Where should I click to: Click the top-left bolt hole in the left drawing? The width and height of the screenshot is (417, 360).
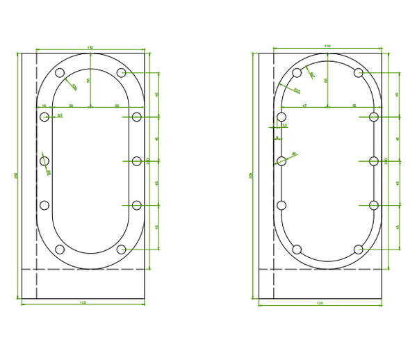point(60,73)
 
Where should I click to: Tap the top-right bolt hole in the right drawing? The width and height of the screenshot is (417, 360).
point(359,73)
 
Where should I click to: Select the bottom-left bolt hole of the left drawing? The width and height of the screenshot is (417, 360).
point(60,249)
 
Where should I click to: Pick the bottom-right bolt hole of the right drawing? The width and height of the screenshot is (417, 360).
point(359,249)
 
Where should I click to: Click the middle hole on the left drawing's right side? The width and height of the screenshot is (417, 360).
point(136,161)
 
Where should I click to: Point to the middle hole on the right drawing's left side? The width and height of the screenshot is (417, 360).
point(282,161)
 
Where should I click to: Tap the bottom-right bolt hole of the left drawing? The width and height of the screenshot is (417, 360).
point(122,249)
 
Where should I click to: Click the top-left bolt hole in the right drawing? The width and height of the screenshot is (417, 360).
point(297,73)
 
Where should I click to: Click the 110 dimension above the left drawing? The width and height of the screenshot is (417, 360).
point(90,47)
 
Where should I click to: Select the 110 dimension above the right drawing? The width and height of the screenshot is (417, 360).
point(327,46)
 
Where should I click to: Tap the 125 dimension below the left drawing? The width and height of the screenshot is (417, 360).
point(83,303)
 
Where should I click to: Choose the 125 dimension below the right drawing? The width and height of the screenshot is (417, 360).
point(320,303)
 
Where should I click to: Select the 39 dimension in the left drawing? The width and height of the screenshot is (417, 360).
point(72,105)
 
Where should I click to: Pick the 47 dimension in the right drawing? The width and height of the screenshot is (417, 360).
point(304,105)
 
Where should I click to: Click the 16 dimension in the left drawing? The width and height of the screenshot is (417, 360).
point(44,105)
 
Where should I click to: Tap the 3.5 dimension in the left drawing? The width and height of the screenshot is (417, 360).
point(60,115)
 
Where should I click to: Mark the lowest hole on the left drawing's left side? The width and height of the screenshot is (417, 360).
point(45,205)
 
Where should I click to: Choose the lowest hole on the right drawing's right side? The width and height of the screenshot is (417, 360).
point(374,205)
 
